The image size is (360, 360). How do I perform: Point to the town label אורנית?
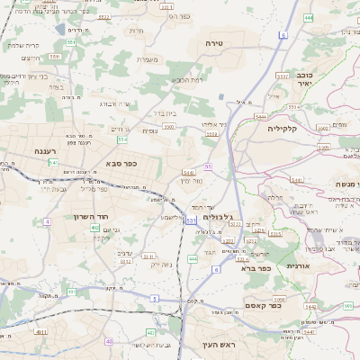pyautogui.click(x=297, y=266)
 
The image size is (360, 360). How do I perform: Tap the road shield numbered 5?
pyautogui.click(x=154, y=297)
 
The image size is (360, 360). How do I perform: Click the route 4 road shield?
pyautogui.click(x=46, y=220)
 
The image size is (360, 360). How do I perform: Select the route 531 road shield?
pyautogui.click(x=191, y=220)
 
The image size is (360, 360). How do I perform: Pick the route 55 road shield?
pyautogui.click(x=207, y=166)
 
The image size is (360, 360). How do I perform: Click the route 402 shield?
pyautogui.click(x=94, y=228)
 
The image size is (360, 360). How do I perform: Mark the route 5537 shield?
pyautogui.click(x=282, y=76)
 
